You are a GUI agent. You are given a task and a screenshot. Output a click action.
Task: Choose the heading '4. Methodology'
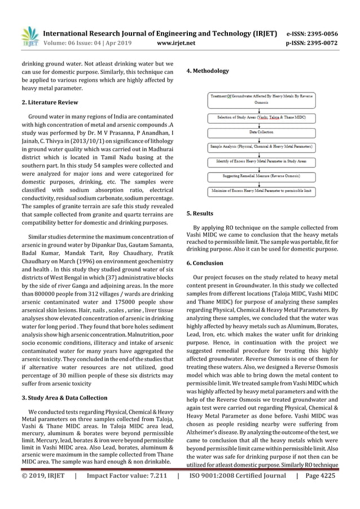208,71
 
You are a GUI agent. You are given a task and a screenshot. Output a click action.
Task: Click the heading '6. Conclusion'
205,263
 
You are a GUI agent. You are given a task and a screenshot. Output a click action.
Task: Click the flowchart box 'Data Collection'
261,132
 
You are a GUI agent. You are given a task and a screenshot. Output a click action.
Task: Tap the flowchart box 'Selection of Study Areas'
261,117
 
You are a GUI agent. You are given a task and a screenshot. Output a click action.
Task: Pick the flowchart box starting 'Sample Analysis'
261,147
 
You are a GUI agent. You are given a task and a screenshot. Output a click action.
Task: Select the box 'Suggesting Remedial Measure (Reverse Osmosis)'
261,176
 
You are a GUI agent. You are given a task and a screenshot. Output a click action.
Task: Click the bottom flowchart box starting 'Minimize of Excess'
261,191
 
